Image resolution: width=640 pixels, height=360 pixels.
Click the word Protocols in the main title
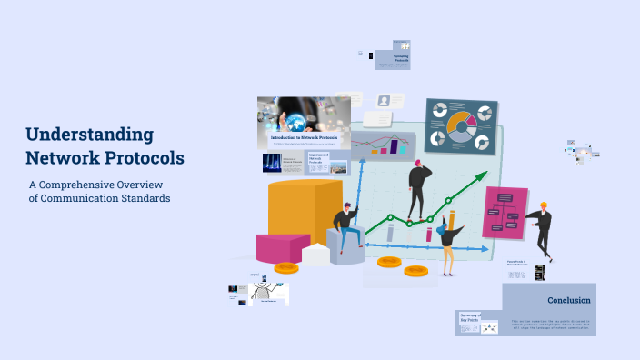point(144,157)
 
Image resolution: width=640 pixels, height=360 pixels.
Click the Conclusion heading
point(569,300)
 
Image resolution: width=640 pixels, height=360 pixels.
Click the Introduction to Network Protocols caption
point(304,137)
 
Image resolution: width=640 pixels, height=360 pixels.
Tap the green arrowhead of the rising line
point(483,181)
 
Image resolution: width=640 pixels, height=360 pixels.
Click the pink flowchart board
point(505,214)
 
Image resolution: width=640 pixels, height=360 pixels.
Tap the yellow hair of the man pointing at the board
point(544,205)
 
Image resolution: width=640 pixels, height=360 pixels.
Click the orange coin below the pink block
point(286,267)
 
